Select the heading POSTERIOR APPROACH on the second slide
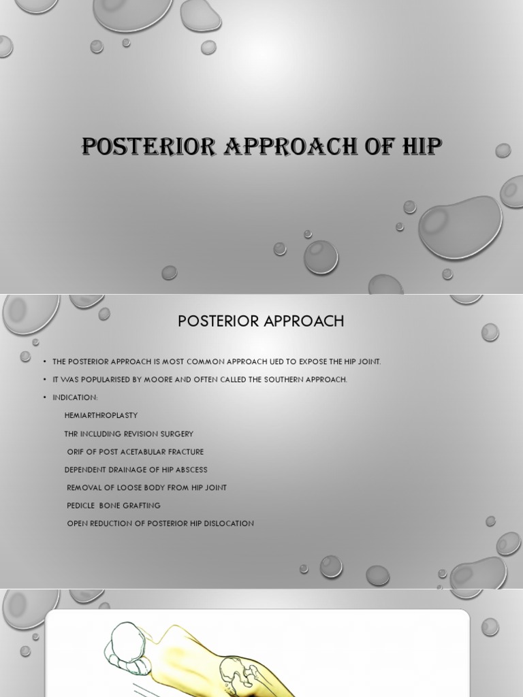pyautogui.click(x=261, y=321)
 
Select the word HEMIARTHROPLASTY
pyautogui.click(x=101, y=415)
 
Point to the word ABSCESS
pyautogui.click(x=191, y=470)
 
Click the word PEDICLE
pyautogui.click(x=81, y=506)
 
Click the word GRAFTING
pyautogui.click(x=142, y=506)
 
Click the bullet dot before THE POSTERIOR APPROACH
pyautogui.click(x=44, y=362)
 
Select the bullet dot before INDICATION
pyautogui.click(x=44, y=398)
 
